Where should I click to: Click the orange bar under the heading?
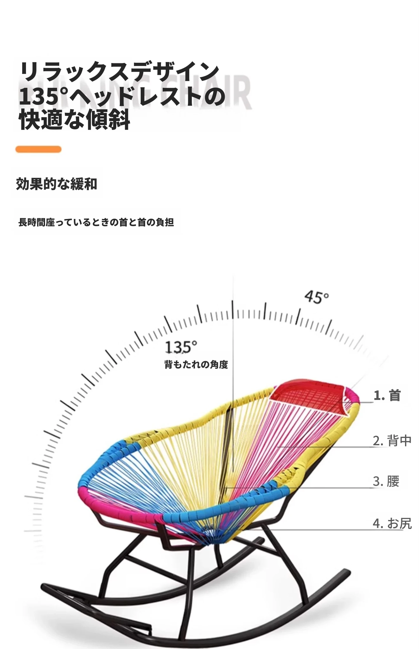pyautogui.click(x=38, y=149)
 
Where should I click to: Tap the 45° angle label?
pyautogui.click(x=316, y=297)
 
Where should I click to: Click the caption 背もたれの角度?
pyautogui.click(x=196, y=365)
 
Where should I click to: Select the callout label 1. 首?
pyautogui.click(x=387, y=395)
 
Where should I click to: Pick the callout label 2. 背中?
pyautogui.click(x=392, y=441)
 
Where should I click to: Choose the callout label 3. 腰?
pyautogui.click(x=386, y=481)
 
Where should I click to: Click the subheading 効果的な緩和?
pyautogui.click(x=56, y=184)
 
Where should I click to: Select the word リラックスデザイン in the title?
pyautogui.click(x=119, y=72)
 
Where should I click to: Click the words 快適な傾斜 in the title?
pyautogui.click(x=75, y=120)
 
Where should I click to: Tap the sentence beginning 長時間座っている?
pyautogui.click(x=96, y=222)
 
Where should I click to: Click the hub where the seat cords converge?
pyautogui.click(x=209, y=535)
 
